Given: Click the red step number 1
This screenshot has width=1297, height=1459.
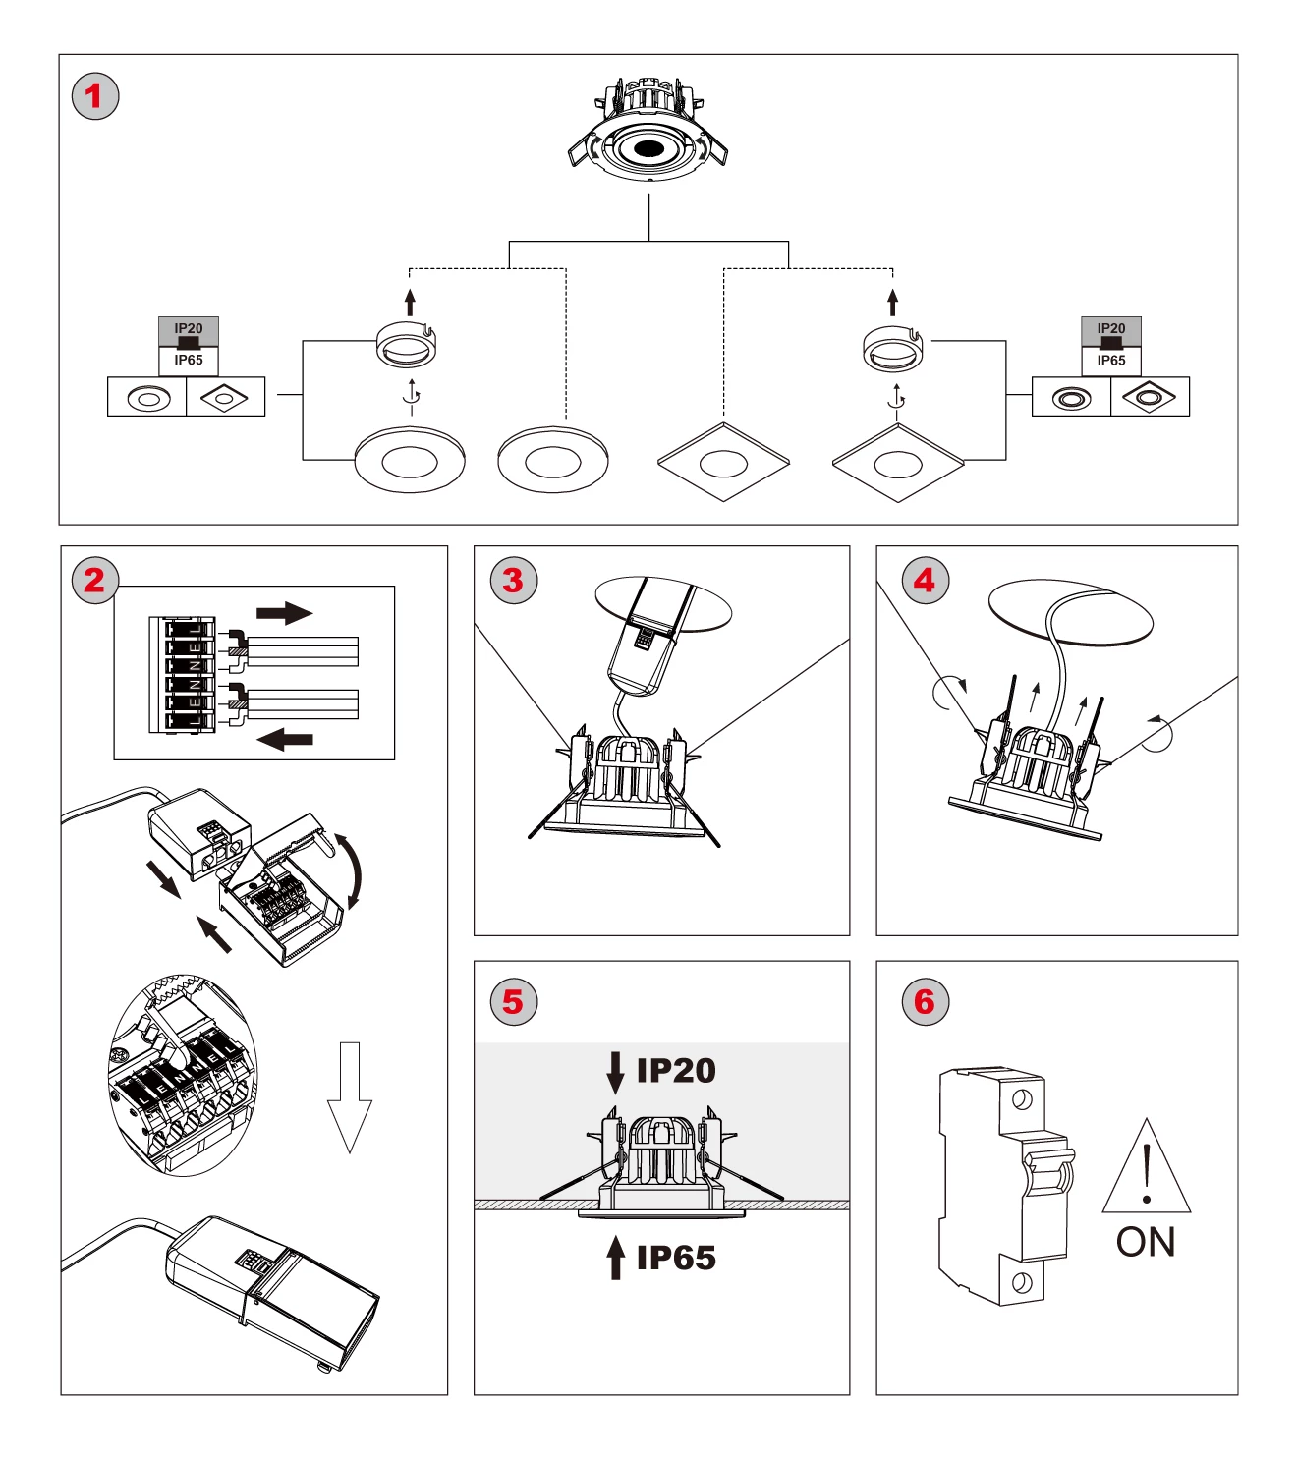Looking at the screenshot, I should pyautogui.click(x=95, y=96).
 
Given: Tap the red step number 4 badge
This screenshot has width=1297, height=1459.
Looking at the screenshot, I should pyautogui.click(x=925, y=581).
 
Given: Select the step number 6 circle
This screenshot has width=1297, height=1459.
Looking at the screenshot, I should pyautogui.click(x=925, y=1002).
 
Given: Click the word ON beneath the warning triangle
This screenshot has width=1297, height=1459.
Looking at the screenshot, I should pyautogui.click(x=1146, y=1243).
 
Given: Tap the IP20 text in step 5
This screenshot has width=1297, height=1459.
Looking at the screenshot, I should pyautogui.click(x=676, y=1071).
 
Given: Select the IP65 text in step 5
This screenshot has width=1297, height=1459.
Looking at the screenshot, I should pyautogui.click(x=676, y=1258).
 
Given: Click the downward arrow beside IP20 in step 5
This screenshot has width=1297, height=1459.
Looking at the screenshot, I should pyautogui.click(x=616, y=1072).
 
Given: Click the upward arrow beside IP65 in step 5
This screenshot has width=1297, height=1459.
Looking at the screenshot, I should pyautogui.click(x=616, y=1258).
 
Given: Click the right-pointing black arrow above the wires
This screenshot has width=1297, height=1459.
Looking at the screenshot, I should pyautogui.click(x=284, y=614).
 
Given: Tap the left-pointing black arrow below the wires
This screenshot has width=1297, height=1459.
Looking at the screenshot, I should pyautogui.click(x=285, y=738).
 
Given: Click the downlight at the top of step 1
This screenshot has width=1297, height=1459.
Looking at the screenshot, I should pyautogui.click(x=648, y=133).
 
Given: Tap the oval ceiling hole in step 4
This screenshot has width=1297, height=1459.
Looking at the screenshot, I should pyautogui.click(x=1071, y=611).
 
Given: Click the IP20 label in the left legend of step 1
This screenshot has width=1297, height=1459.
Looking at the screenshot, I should pyautogui.click(x=189, y=329).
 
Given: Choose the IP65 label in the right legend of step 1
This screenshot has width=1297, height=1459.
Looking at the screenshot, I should pyautogui.click(x=1111, y=361).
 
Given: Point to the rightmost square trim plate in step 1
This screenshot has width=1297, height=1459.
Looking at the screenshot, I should pyautogui.click(x=898, y=464).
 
